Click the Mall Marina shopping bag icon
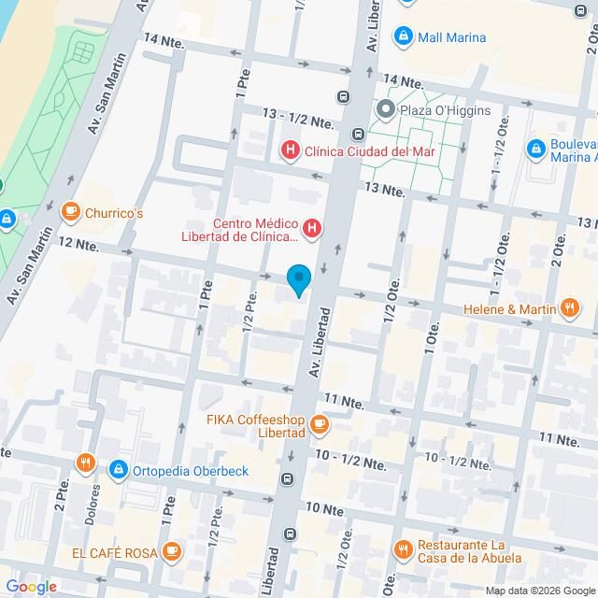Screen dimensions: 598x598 point(404,37)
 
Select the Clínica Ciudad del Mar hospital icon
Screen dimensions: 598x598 point(291,149)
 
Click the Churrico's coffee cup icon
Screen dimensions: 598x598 point(69,213)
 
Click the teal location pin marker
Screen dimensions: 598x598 point(298,279)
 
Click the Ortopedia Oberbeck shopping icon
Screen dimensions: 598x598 point(118,470)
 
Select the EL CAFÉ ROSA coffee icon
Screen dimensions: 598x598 point(171,553)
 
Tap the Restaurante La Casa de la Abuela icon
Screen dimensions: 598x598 point(403,549)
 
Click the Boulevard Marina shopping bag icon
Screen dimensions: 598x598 point(536,149)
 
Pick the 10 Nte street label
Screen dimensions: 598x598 point(324,509)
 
